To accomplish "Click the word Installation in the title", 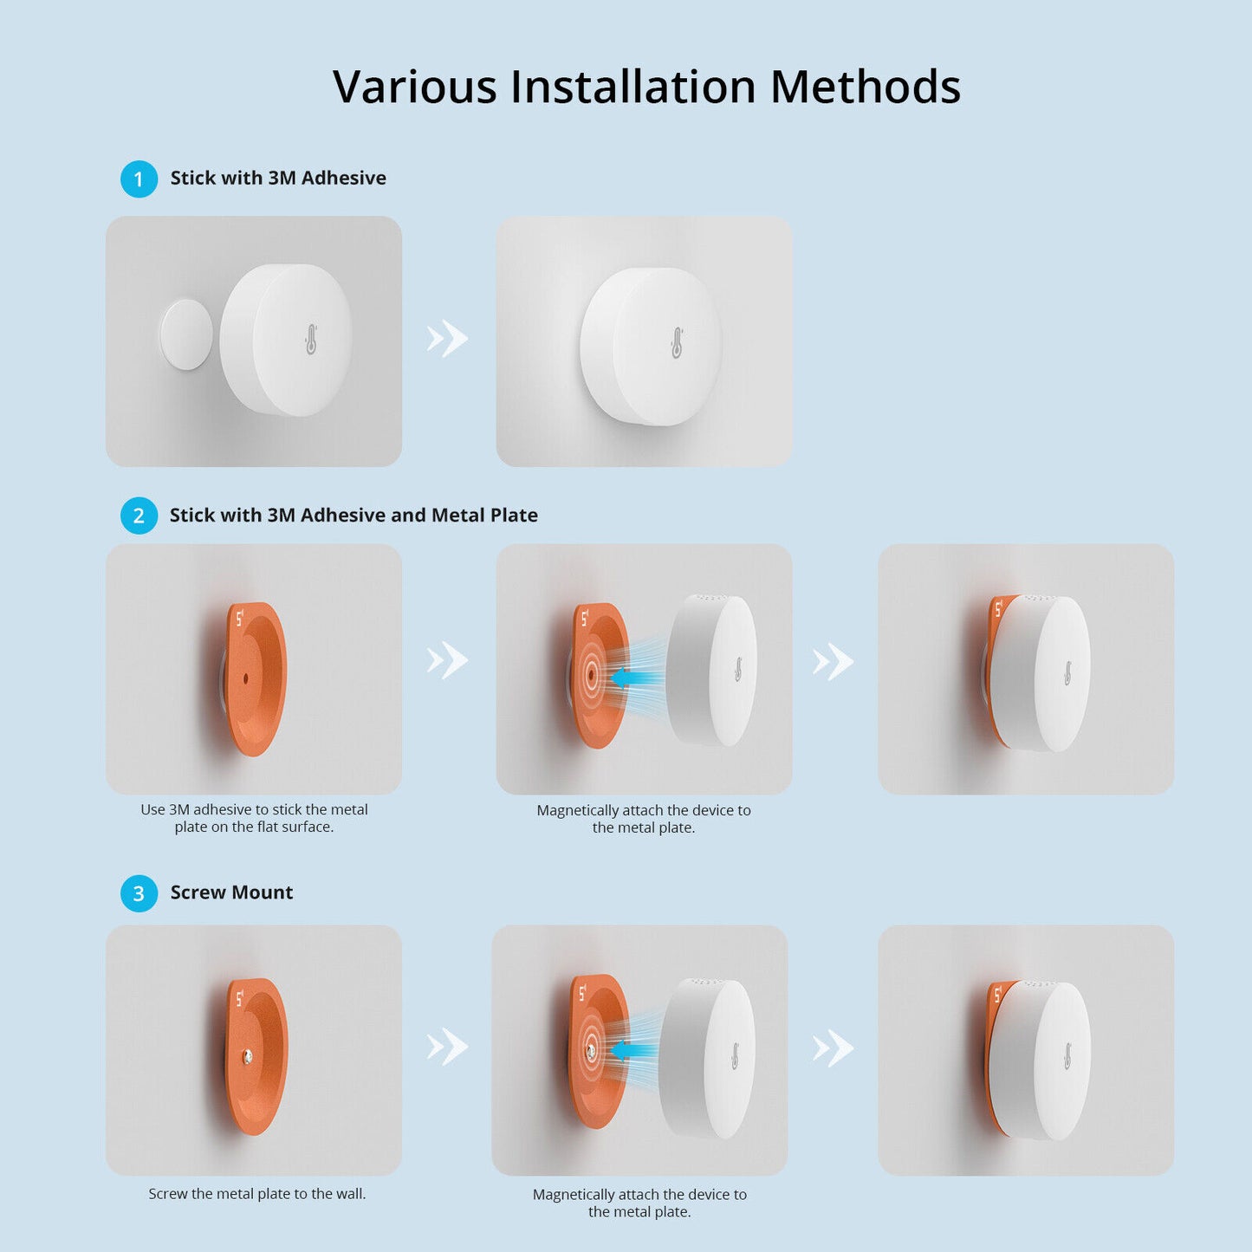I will click(633, 87).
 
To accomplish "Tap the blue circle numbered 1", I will click(139, 179).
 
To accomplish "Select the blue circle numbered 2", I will click(139, 516).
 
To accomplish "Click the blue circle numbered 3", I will click(139, 893).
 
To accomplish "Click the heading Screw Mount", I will click(231, 892).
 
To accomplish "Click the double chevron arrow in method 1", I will click(447, 339).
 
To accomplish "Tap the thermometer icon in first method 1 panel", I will click(311, 340).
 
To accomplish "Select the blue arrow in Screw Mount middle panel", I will click(632, 1051).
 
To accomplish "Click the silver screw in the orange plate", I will click(248, 1055).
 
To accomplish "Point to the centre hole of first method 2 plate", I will click(245, 678).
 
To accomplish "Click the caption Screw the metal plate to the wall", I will click(257, 1194).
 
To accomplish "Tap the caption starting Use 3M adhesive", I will click(254, 818).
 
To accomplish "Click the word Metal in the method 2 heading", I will click(457, 516).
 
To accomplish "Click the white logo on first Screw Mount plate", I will click(240, 996).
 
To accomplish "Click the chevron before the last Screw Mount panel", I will click(833, 1048).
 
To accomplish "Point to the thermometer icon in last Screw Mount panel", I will click(1067, 1056).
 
